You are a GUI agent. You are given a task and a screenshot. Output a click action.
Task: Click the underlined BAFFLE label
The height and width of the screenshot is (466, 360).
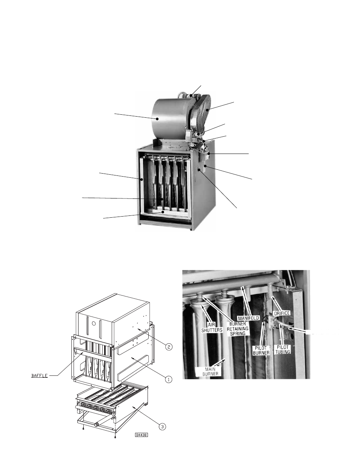click(39, 376)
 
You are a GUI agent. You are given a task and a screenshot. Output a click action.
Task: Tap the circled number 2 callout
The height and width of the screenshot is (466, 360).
click(168, 347)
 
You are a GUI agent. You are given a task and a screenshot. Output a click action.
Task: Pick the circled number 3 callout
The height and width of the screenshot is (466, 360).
click(162, 427)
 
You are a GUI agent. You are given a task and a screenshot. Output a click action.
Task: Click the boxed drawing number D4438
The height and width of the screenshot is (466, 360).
click(142, 435)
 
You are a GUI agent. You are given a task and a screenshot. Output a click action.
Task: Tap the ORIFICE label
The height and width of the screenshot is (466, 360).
click(282, 313)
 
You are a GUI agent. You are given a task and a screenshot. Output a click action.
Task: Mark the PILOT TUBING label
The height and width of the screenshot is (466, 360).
click(283, 349)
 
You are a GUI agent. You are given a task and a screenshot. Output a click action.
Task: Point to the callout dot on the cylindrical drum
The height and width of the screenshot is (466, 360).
click(158, 118)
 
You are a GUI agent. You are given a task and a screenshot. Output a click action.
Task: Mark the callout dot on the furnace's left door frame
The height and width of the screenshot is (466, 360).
click(141, 180)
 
